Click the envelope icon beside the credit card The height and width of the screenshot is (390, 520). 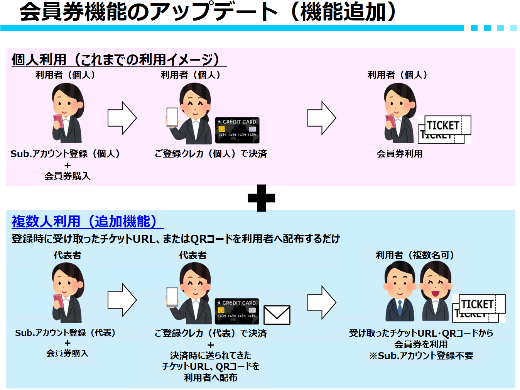[x=277, y=315]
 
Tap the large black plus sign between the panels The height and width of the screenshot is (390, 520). [x=261, y=198]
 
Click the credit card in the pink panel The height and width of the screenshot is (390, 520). [x=237, y=130]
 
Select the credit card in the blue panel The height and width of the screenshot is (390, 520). [x=237, y=311]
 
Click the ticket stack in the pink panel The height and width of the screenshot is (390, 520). [x=444, y=130]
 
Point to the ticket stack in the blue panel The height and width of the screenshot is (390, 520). [x=479, y=309]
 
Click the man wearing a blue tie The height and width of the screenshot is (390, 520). [x=400, y=291]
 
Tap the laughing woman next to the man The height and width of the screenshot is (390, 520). [x=436, y=291]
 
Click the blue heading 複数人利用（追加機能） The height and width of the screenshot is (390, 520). [x=84, y=221]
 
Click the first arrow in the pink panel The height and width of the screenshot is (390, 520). [x=122, y=118]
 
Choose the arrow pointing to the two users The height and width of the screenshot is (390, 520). [x=322, y=302]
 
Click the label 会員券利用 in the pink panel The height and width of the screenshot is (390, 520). [x=399, y=154]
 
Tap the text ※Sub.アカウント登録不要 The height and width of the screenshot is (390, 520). [x=421, y=356]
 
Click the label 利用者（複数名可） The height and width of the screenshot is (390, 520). [x=415, y=255]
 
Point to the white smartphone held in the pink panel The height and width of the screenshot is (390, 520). [x=172, y=118]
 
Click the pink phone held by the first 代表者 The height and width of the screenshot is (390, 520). [x=59, y=301]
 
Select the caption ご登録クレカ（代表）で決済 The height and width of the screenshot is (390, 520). [x=211, y=333]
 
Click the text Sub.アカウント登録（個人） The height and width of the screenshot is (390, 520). [x=65, y=154]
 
